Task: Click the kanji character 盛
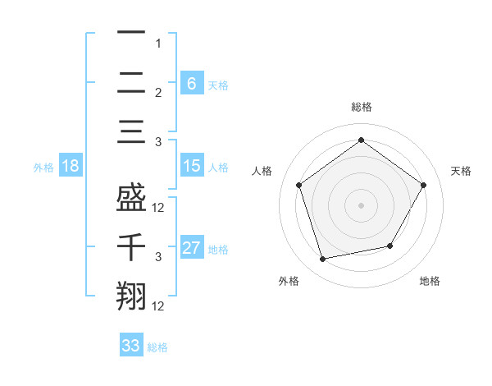(130, 197)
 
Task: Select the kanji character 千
(130, 247)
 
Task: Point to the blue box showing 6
(192, 83)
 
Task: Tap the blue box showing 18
(71, 167)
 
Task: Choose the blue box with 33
(131, 346)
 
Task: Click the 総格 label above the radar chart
(362, 107)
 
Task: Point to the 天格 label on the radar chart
(462, 171)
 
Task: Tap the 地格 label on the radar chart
(430, 281)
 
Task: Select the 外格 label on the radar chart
(289, 281)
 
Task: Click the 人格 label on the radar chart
(262, 171)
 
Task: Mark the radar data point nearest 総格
(362, 140)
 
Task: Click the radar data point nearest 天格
(423, 185)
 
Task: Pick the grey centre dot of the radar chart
(362, 204)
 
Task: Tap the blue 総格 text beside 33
(157, 347)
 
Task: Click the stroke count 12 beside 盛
(159, 208)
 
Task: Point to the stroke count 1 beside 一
(158, 43)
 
